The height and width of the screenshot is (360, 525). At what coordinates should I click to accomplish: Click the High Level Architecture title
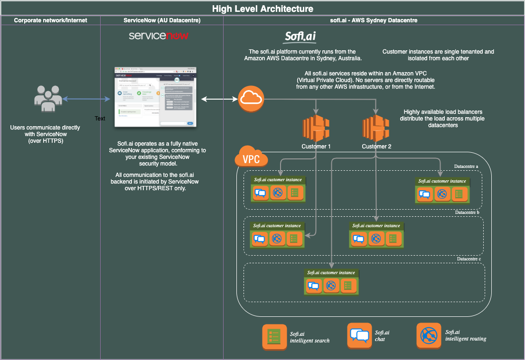click(x=262, y=9)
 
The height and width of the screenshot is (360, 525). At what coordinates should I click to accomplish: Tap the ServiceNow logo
click(x=159, y=36)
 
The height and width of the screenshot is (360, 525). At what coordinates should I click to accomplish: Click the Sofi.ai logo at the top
click(x=300, y=37)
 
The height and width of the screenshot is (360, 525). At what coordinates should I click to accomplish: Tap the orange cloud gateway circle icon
click(x=251, y=99)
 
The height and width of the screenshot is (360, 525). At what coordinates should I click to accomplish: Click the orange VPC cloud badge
click(x=252, y=158)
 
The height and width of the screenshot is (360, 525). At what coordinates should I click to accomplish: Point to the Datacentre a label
click(x=466, y=167)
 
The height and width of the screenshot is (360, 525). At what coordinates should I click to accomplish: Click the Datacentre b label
click(x=467, y=212)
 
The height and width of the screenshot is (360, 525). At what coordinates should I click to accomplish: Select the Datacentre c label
click(x=469, y=259)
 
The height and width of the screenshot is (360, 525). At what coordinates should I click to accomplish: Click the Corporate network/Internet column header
click(x=51, y=20)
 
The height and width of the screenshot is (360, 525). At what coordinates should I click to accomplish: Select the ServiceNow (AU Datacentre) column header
click(x=162, y=20)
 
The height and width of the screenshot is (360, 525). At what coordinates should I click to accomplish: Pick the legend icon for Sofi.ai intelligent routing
click(x=428, y=335)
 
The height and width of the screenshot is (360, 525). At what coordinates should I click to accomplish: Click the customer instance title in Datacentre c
click(x=331, y=273)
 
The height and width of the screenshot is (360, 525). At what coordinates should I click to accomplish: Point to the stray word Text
click(x=100, y=119)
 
